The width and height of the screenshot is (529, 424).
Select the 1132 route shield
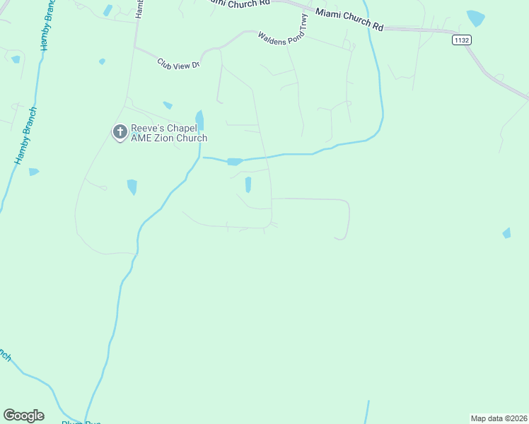[x=462, y=40]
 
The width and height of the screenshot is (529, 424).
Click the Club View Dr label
[x=179, y=64]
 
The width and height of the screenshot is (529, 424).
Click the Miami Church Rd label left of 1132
[x=349, y=19]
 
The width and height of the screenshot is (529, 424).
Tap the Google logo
[x=23, y=416]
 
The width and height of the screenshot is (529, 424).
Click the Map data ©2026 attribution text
[x=499, y=418]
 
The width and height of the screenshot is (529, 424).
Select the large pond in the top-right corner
[x=475, y=18]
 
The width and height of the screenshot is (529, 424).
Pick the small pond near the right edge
[x=506, y=233]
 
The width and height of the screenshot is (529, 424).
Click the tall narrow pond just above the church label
[x=199, y=120]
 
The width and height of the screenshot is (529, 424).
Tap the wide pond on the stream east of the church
[x=235, y=162]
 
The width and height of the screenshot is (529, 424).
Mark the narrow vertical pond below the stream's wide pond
[x=248, y=184]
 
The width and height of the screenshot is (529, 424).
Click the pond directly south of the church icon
[x=132, y=187]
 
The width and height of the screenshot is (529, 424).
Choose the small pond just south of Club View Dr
[x=168, y=105]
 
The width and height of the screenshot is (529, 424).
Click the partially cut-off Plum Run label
[x=81, y=422]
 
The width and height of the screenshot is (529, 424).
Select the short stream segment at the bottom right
[x=368, y=412]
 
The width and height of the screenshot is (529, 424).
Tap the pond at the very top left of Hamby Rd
[x=107, y=11]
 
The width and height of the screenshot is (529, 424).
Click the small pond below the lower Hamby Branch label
[x=33, y=172]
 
